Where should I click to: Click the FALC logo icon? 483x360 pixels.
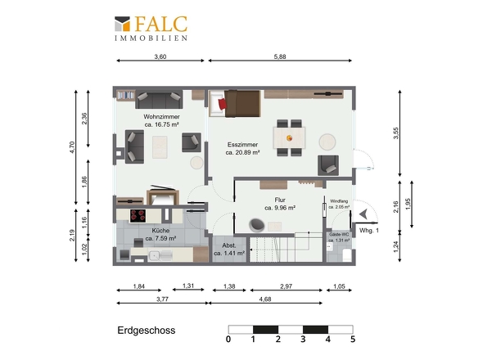click(x=122, y=24)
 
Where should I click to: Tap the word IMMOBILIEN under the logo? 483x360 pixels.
click(x=151, y=38)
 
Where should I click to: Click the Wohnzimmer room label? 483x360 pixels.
click(x=162, y=117)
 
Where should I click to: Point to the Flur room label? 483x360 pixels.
click(x=280, y=200)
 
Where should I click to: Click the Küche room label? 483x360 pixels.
click(x=160, y=231)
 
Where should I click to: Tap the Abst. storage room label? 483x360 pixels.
click(x=229, y=245)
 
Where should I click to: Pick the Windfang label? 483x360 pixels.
click(x=339, y=201)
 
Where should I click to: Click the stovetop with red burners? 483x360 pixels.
click(x=138, y=216)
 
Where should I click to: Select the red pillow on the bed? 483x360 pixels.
click(x=223, y=104)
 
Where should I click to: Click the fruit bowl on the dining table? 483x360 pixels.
click(x=289, y=138)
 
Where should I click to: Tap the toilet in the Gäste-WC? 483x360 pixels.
click(x=347, y=255)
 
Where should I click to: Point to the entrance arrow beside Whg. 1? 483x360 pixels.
click(x=363, y=214)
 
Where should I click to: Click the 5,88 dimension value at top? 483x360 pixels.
click(x=280, y=56)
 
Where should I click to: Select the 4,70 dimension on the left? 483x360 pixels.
click(x=72, y=147)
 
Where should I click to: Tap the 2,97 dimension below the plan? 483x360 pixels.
click(x=287, y=286)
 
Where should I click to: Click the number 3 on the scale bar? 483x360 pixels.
click(x=303, y=339)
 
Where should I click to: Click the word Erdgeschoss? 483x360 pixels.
click(x=147, y=331)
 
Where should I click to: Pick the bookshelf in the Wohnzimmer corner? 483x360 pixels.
click(x=126, y=95)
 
